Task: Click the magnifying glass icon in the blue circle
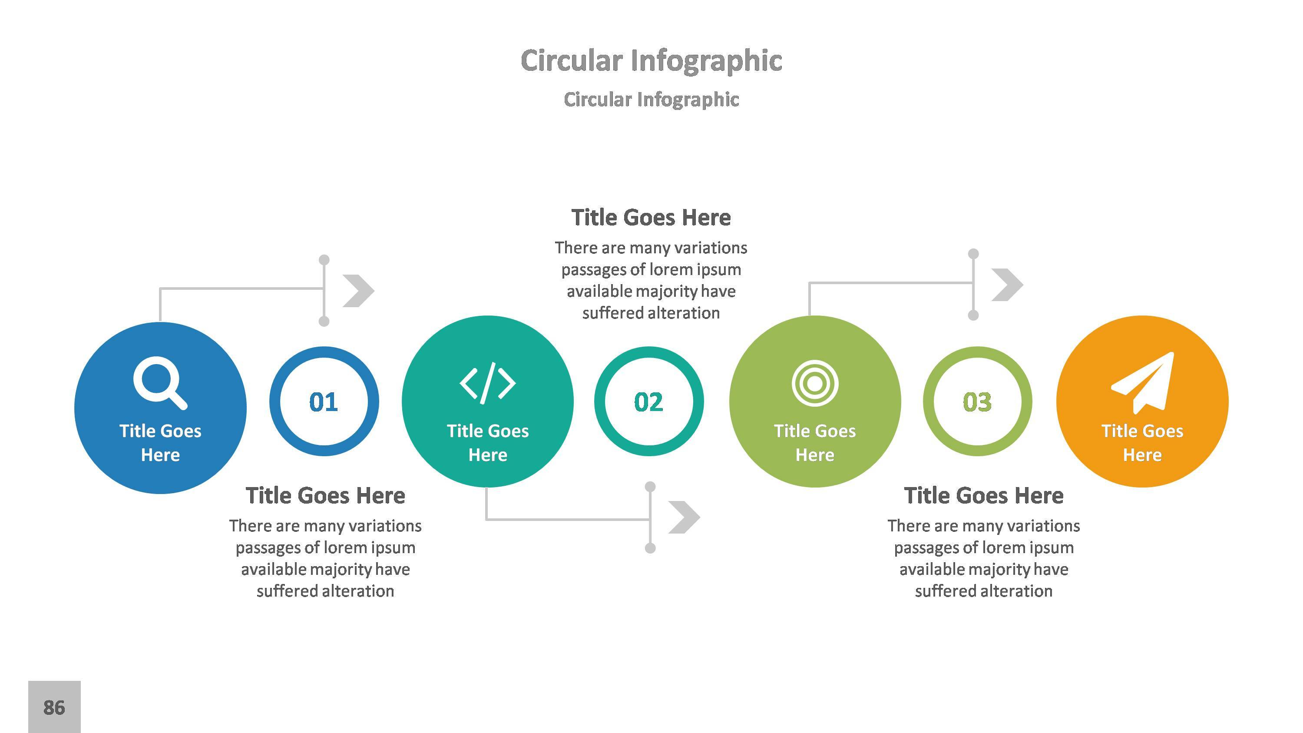coord(159,382)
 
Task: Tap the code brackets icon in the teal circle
coord(488,383)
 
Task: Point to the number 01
coord(324,402)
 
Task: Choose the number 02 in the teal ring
coord(648,402)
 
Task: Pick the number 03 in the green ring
coord(977,402)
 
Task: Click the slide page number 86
coord(54,707)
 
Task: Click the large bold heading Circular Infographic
coord(651,61)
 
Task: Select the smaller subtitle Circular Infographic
coord(651,100)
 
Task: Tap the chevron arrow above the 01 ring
coord(359,291)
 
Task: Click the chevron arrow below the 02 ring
coord(684,517)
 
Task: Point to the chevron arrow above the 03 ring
coord(1007,285)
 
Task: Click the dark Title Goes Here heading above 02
coord(651,218)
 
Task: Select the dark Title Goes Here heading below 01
coord(325,496)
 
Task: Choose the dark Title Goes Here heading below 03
coord(983,496)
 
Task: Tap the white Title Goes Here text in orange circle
coord(1142,443)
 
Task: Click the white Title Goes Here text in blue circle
coord(160,443)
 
